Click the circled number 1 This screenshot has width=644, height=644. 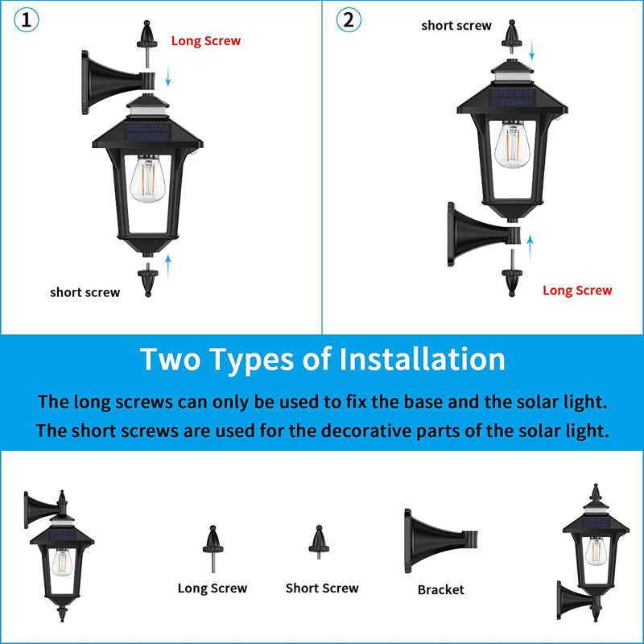pos(26,20)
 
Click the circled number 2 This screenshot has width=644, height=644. pos(348,20)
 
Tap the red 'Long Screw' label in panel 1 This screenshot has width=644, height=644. pos(205,40)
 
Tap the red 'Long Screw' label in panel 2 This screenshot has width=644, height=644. pos(577,291)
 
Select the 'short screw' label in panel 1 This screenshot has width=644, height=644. pos(85,292)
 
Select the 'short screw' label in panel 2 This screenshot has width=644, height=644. pos(456,26)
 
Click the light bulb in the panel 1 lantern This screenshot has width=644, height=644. pos(146,181)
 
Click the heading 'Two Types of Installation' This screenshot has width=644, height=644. pos(322,359)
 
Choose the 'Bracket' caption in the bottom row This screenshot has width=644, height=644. pos(440,590)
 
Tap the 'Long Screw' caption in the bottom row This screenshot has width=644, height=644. pos(213,588)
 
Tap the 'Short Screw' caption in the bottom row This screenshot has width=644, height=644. pos(322,588)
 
